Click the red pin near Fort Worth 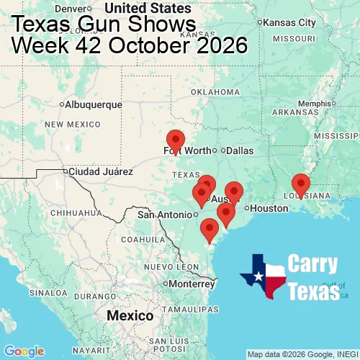click(175, 140)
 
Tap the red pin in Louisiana click(300, 184)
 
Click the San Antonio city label click(165, 214)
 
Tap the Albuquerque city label click(94, 104)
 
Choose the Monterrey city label click(191, 283)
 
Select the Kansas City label click(291, 22)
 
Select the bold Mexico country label click(130, 316)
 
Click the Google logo click(23, 351)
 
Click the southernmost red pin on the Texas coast click(210, 230)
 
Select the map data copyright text click(302, 354)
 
